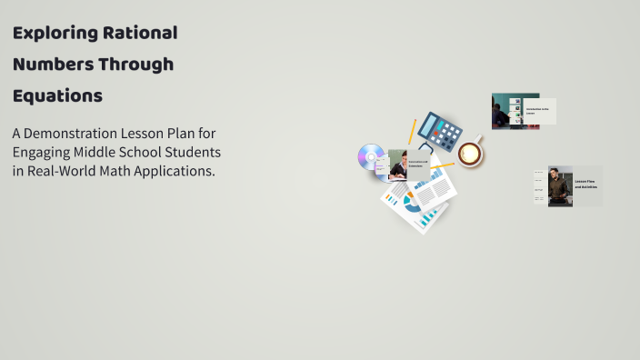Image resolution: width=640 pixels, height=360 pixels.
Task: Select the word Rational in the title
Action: (x=142, y=34)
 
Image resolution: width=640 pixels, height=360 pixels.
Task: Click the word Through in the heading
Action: (x=137, y=65)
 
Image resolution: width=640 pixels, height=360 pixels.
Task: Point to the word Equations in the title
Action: (x=57, y=95)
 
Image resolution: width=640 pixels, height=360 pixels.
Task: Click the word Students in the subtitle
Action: (x=192, y=151)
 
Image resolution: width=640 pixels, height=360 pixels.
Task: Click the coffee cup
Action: (x=470, y=153)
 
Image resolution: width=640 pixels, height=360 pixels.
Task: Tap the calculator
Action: (x=440, y=132)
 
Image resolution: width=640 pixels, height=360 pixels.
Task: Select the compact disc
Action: (x=371, y=158)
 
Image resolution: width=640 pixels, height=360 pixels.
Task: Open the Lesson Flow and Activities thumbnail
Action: (x=567, y=185)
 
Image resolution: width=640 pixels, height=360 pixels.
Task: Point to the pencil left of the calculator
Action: (x=412, y=131)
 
